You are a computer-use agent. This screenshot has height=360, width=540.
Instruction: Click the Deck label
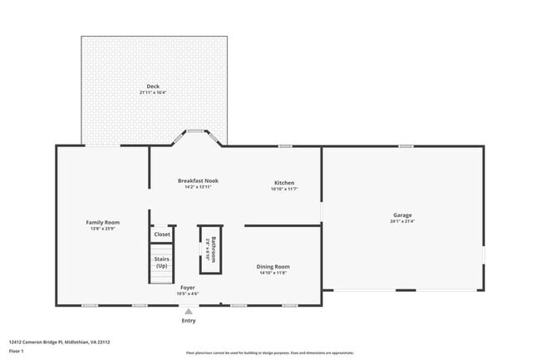(153, 86)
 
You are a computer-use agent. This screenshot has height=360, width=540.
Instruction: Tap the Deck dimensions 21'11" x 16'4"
(153, 92)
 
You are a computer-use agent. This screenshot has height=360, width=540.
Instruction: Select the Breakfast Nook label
(198, 180)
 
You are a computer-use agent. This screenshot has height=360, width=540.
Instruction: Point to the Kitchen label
(284, 183)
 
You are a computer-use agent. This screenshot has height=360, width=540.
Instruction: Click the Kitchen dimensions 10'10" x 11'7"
(284, 190)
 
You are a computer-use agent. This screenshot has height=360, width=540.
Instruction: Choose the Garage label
(403, 215)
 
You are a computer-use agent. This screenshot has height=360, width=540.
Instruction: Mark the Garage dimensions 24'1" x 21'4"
(403, 222)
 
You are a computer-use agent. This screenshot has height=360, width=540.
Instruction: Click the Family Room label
(103, 222)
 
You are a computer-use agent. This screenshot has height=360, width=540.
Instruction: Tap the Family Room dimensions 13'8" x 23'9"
(103, 229)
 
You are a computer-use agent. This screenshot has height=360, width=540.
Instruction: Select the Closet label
(162, 234)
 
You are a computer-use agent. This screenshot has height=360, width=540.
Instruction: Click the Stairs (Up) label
(162, 262)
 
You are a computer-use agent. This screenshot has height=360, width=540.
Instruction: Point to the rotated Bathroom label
(214, 249)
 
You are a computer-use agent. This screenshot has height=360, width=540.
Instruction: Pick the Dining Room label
(273, 267)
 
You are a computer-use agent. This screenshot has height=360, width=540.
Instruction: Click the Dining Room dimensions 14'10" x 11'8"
(273, 274)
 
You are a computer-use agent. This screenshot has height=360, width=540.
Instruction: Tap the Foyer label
(189, 288)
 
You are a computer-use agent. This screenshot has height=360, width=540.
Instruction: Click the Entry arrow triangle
(189, 312)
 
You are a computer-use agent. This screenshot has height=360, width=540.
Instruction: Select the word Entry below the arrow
(189, 321)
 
